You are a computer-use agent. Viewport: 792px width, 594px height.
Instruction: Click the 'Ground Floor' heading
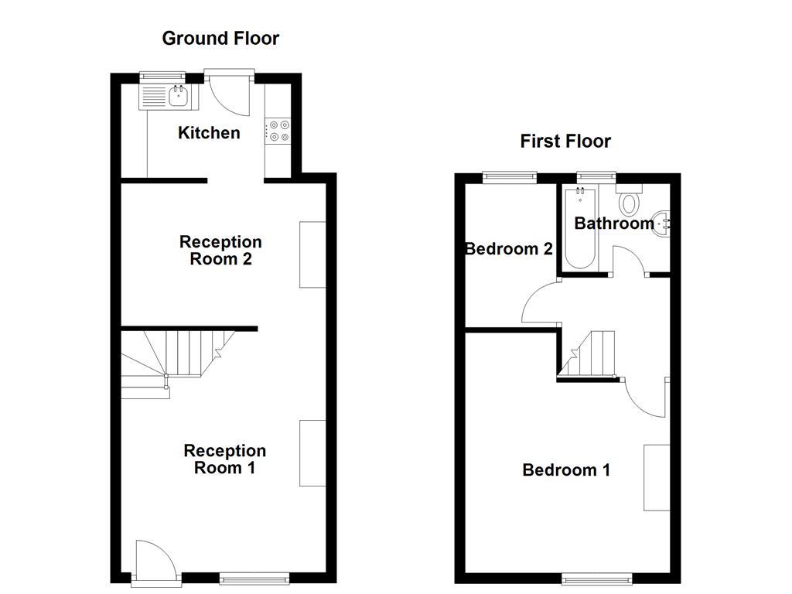pos(220,38)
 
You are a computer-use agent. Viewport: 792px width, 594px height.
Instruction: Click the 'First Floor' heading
pos(565,141)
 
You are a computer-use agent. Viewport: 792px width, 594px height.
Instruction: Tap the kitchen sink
pos(169,96)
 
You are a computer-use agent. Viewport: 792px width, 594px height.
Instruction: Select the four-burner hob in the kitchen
pos(278,130)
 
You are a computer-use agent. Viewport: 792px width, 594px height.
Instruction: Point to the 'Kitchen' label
pos(209,133)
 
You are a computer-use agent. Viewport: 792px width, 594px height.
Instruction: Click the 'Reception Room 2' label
pos(220,251)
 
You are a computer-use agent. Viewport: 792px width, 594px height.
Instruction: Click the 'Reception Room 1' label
pos(224,459)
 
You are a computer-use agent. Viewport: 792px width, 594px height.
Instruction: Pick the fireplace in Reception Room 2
pos(312,255)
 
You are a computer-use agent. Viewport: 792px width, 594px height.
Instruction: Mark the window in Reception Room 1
pos(254,577)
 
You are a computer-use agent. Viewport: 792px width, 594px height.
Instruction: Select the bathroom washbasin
pos(662,223)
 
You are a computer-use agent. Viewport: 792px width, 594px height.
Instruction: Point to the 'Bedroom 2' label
pos(508,249)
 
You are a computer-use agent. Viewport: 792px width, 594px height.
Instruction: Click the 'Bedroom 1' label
pos(566,470)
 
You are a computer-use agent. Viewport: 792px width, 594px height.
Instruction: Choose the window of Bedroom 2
pos(509,176)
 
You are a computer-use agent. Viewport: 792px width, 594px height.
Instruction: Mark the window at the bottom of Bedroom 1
pos(596,577)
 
